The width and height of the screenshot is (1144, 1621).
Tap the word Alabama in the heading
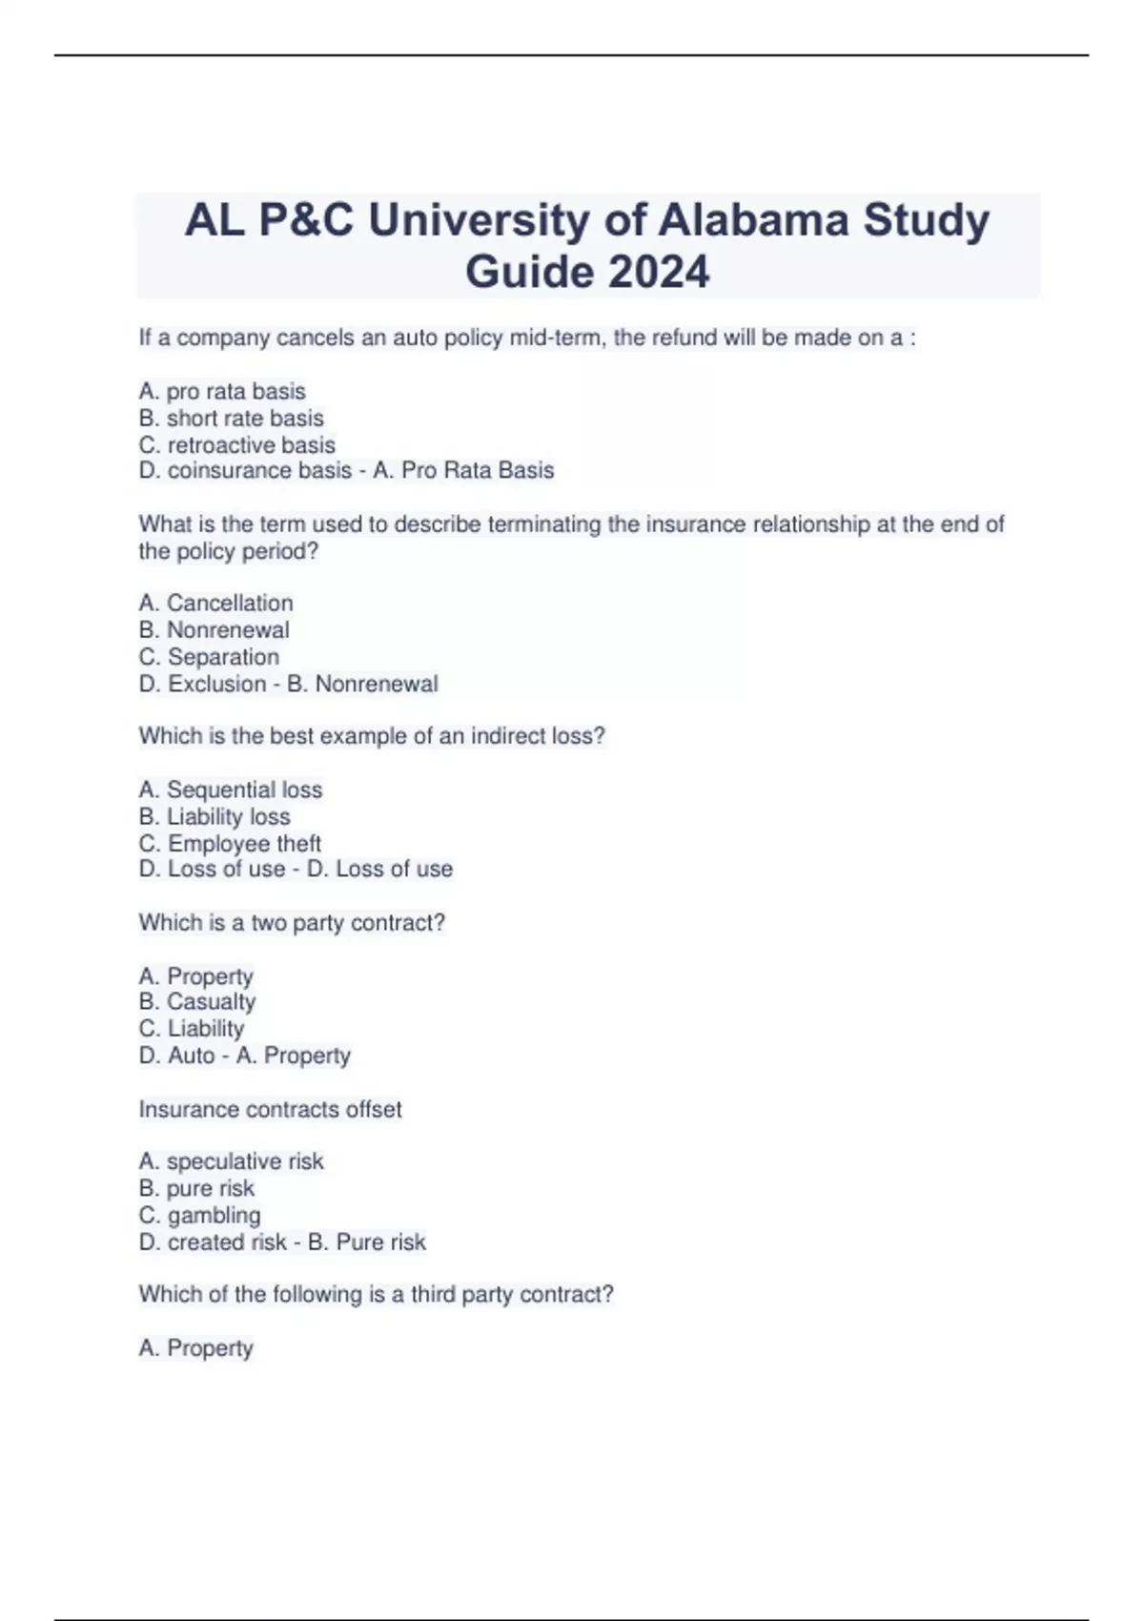[x=752, y=220]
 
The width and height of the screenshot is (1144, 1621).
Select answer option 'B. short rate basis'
[x=231, y=419]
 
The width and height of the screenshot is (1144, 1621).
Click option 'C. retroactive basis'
[x=236, y=445]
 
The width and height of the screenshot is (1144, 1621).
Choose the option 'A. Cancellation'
[x=215, y=604]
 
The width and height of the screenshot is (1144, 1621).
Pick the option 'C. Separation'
[x=209, y=657]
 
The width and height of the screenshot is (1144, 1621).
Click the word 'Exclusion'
[x=216, y=684]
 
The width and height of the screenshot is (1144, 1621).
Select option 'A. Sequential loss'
[x=230, y=790]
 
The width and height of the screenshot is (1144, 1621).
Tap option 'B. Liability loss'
[x=214, y=816]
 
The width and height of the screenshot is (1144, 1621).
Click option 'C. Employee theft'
[x=229, y=844]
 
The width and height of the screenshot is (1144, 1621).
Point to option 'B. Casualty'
[x=196, y=1002]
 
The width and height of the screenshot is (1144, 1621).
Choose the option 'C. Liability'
[x=191, y=1029]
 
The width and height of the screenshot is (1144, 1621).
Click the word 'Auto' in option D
[x=191, y=1056]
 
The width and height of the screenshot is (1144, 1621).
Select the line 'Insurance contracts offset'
[x=270, y=1109]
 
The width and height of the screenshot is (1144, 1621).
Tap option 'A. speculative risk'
[x=231, y=1161]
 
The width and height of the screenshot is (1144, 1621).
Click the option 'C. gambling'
[x=199, y=1216]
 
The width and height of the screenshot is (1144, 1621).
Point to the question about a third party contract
[x=376, y=1294]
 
